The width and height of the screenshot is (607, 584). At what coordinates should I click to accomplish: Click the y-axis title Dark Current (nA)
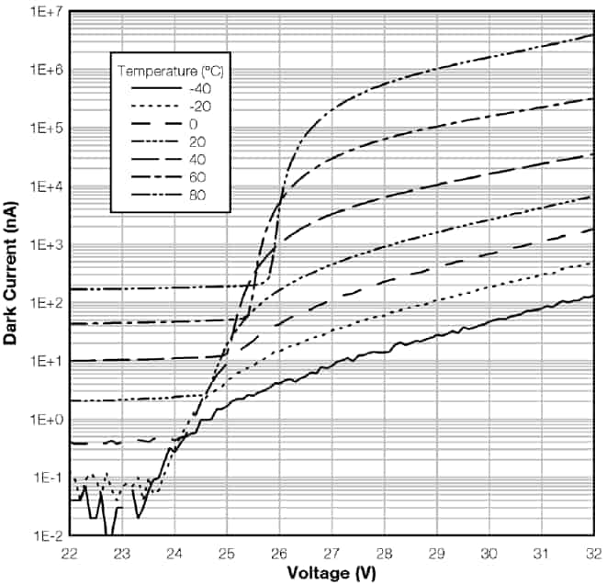tap(12, 273)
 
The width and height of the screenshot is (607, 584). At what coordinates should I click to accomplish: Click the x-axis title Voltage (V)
tap(331, 571)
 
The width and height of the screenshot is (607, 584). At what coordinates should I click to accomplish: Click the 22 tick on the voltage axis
tap(69, 553)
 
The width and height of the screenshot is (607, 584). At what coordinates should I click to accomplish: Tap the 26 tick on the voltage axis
tap(278, 553)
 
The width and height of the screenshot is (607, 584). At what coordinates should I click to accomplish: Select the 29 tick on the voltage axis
tap(436, 553)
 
